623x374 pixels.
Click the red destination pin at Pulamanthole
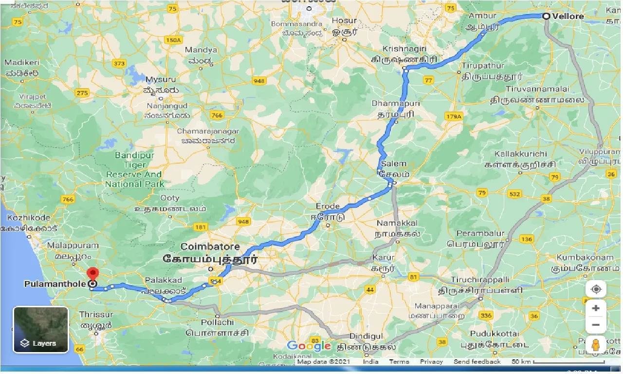(x=92, y=273)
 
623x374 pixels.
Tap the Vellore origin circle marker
(x=546, y=16)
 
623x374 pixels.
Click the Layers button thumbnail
(x=41, y=330)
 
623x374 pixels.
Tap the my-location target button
(x=596, y=289)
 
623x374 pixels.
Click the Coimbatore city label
(x=210, y=246)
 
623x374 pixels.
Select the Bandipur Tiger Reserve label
(x=135, y=169)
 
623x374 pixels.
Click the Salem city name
(x=393, y=164)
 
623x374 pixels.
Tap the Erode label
(x=328, y=206)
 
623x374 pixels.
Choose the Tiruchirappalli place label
(x=480, y=280)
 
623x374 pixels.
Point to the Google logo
(x=309, y=346)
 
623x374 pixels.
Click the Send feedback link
(x=477, y=362)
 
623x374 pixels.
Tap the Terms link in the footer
(x=399, y=362)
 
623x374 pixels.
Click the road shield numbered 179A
(x=453, y=116)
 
